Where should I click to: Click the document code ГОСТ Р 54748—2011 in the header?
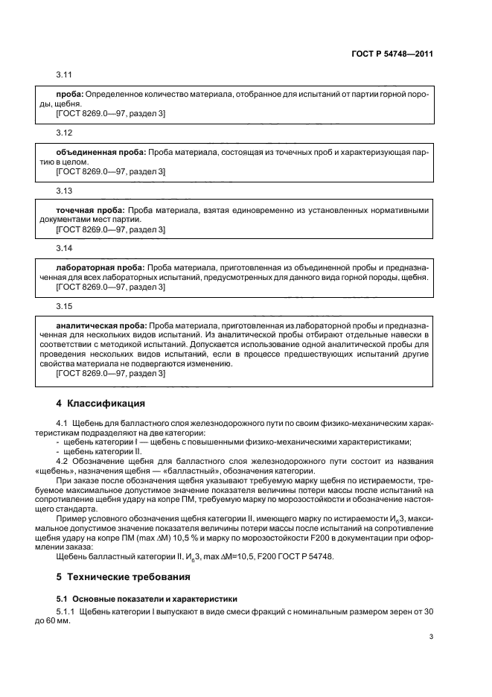pyautogui.click(x=393, y=54)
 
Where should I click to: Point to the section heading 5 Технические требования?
pyautogui.click(x=117, y=576)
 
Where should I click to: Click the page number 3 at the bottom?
pyautogui.click(x=431, y=636)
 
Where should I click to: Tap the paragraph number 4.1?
pyautogui.click(x=51, y=424)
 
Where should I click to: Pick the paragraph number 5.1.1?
pyautogui.click(x=55, y=611)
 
